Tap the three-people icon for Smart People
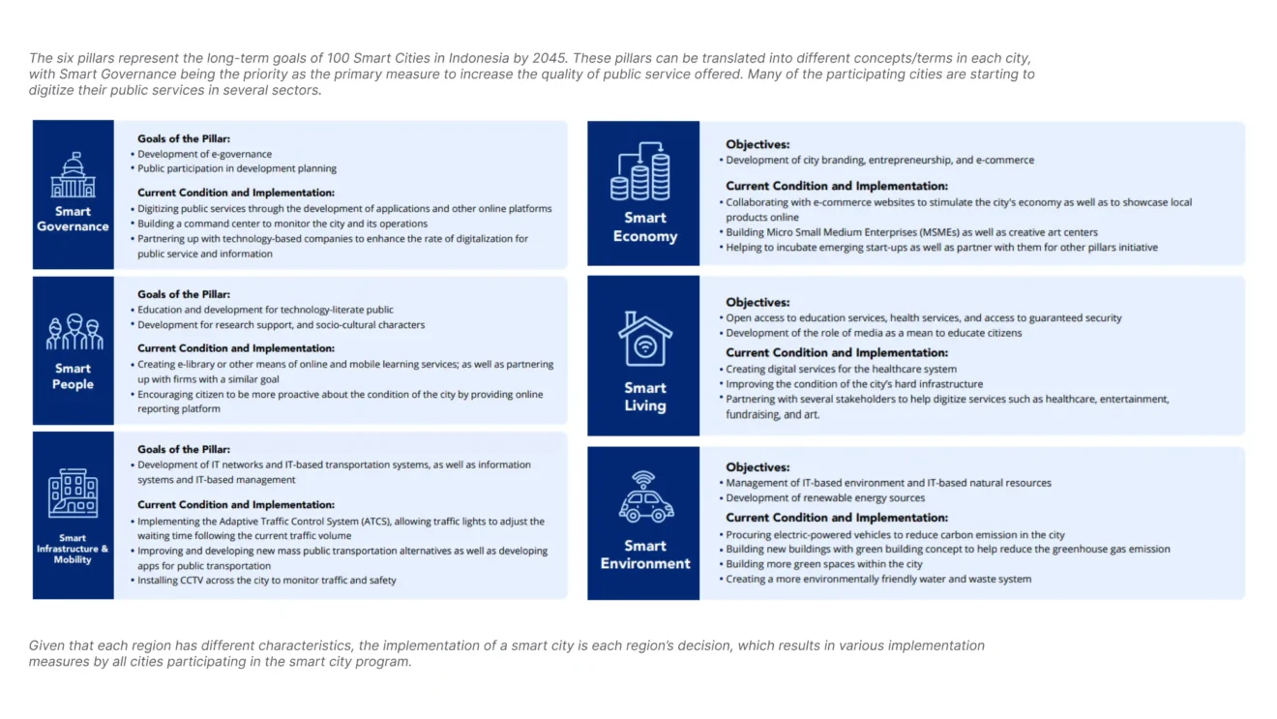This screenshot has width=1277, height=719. pyautogui.click(x=74, y=333)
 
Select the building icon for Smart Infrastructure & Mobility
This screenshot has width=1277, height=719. pyautogui.click(x=73, y=494)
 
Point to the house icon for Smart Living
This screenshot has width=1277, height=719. pyautogui.click(x=644, y=339)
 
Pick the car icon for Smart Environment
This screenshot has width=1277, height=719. pyautogui.click(x=645, y=498)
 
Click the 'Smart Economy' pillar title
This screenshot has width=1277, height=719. pyautogui.click(x=644, y=227)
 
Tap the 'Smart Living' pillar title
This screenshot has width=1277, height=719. pyautogui.click(x=644, y=397)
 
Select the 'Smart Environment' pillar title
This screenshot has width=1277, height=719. pyautogui.click(x=644, y=554)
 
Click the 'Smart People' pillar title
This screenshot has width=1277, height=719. pyautogui.click(x=73, y=376)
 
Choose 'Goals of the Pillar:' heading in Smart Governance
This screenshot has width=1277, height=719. pyautogui.click(x=184, y=138)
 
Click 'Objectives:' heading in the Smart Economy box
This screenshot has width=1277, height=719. pyautogui.click(x=757, y=144)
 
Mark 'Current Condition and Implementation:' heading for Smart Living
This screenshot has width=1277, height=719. pyautogui.click(x=837, y=352)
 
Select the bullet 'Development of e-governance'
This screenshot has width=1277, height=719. pyautogui.click(x=204, y=154)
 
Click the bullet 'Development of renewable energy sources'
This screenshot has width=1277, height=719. pyautogui.click(x=825, y=498)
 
